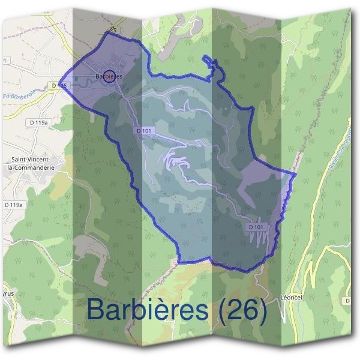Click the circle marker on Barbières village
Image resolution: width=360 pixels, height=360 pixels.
click(109, 76)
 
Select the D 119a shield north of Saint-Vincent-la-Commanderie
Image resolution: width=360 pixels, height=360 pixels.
click(38, 122)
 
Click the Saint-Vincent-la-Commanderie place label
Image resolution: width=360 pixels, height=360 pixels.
click(34, 163)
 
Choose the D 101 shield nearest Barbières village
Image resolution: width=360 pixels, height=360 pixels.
click(143, 130)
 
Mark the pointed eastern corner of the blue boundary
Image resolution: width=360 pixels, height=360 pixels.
click(295, 175)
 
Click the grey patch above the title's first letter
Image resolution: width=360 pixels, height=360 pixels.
click(90, 246)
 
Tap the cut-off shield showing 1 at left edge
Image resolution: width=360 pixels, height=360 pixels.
click(6, 60)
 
